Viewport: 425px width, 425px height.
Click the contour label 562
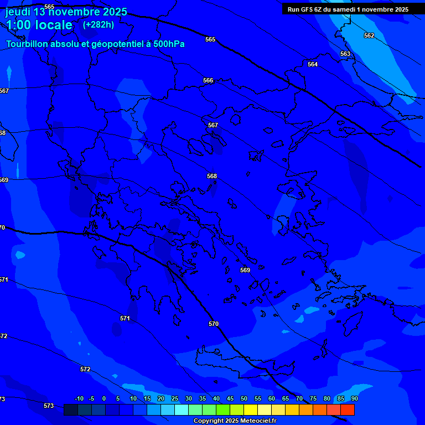tap(369, 35)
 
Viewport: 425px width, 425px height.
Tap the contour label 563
tap(345, 54)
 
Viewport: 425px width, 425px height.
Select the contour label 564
tap(313, 64)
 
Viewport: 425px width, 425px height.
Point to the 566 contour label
tap(208, 80)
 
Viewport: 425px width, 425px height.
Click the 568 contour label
tap(212, 176)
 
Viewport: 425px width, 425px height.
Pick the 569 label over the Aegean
tap(245, 270)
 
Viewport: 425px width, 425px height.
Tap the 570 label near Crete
tap(214, 324)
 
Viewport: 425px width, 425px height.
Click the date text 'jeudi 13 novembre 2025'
tap(66, 12)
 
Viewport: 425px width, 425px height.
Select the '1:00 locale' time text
tap(39, 25)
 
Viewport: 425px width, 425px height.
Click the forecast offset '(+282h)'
tap(99, 24)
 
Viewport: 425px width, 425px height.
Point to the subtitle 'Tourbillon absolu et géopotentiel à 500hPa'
tap(95, 44)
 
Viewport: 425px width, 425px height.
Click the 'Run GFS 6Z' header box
tap(348, 9)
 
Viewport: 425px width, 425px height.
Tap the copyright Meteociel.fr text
tap(235, 421)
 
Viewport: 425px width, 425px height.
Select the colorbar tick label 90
tap(354, 398)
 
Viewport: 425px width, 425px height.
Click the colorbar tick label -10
tap(79, 398)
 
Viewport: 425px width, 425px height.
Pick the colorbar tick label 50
tap(244, 398)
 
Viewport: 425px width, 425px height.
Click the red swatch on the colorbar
tap(348, 410)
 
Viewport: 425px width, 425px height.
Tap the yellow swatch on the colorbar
tap(251, 410)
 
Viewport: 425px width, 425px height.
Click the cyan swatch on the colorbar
tap(182, 410)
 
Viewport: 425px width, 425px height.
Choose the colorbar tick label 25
tap(175, 398)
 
